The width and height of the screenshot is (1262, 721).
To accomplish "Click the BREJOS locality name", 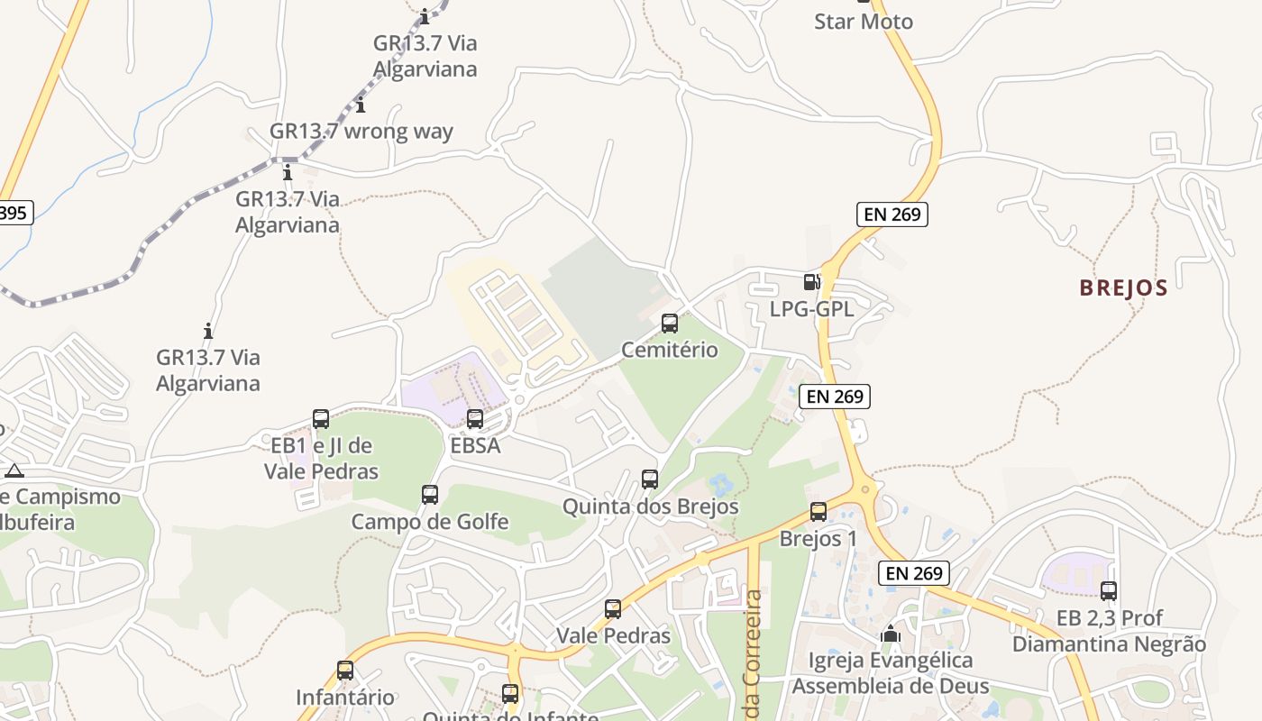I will click(x=1123, y=288).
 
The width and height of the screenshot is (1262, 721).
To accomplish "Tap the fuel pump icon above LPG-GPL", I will click(x=811, y=282).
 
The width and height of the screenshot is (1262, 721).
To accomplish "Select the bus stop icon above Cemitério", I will click(x=670, y=323).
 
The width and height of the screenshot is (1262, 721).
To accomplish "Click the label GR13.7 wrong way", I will click(x=361, y=131).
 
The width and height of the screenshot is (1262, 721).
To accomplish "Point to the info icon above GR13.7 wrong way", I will click(x=361, y=105).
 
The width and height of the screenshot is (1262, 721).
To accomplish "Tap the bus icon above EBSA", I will click(x=475, y=418).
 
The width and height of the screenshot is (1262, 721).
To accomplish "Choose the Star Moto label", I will click(x=863, y=22).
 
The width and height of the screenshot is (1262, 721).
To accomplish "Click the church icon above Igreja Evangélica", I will click(x=891, y=634).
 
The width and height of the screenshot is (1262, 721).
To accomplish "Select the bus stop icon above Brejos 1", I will click(x=818, y=511).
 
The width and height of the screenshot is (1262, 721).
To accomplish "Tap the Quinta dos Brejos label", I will click(x=651, y=507).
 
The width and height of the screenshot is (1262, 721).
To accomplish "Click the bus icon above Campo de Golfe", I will click(x=430, y=494).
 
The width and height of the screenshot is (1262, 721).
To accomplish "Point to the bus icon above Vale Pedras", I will click(x=613, y=608).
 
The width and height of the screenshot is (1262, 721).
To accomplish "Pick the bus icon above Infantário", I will click(x=345, y=670).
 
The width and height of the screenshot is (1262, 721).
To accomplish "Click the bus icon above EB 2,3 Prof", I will click(x=1109, y=590).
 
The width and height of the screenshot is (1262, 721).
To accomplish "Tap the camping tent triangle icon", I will click(x=14, y=470).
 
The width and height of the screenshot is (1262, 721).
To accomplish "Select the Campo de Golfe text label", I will click(x=430, y=522).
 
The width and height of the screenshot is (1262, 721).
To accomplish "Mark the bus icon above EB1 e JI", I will click(x=321, y=418).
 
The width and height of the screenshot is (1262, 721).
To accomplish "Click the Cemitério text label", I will click(x=670, y=350).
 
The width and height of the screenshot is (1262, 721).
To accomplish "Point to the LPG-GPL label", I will click(x=811, y=309).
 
